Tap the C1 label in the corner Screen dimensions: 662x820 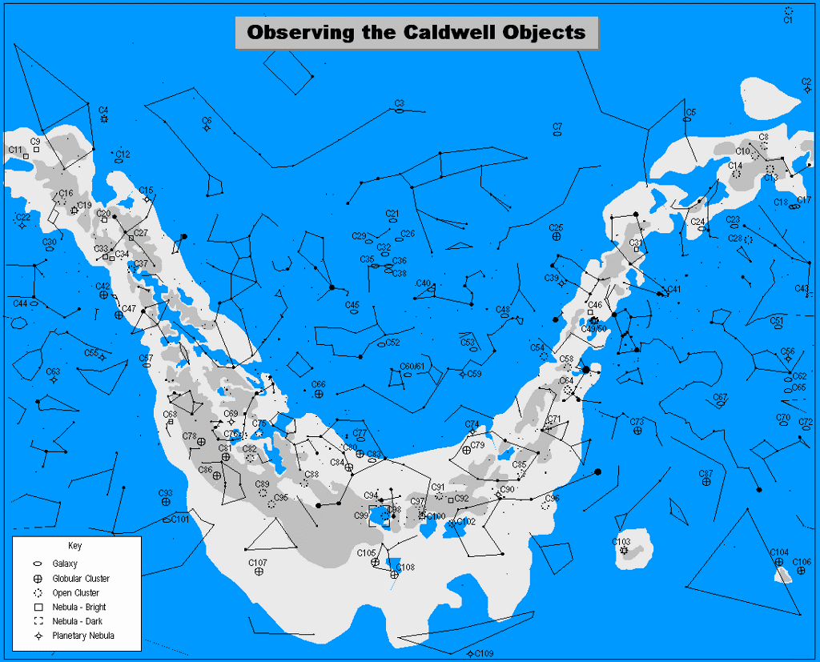click(788, 20)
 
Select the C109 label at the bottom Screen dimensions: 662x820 click(484, 654)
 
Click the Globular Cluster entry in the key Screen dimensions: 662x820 click(81, 579)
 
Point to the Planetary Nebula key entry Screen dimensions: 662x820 click(83, 636)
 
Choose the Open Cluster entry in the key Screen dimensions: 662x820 click(76, 593)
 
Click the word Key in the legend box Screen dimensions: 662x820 click(74, 547)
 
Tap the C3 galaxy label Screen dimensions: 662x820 click(399, 103)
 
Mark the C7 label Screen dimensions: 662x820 click(557, 127)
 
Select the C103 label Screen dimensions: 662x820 click(621, 542)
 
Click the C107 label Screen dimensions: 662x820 click(257, 563)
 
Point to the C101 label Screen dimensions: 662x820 click(180, 520)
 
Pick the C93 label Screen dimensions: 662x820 click(165, 493)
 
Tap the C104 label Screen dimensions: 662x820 click(779, 552)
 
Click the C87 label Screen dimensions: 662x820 click(705, 473)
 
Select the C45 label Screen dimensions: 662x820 click(352, 305)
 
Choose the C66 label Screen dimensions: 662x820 click(318, 385)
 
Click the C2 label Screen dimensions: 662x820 click(806, 82)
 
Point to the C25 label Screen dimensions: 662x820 click(556, 228)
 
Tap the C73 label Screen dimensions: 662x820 click(637, 422)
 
